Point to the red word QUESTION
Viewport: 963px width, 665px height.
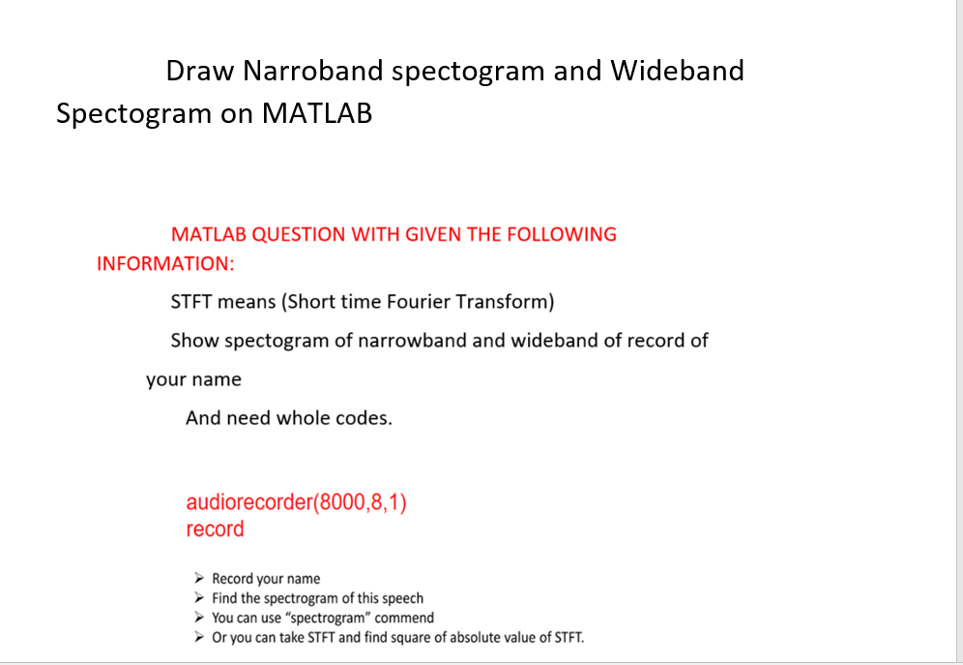pos(299,234)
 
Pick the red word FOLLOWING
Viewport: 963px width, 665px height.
pos(570,234)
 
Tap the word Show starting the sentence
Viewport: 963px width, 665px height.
pos(192,341)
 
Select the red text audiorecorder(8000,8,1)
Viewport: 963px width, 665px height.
pos(296,503)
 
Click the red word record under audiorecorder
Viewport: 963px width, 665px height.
pos(215,529)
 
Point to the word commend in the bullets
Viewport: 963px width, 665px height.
pos(404,618)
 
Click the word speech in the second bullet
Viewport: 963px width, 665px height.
pos(400,598)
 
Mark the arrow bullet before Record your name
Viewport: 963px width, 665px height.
pos(199,579)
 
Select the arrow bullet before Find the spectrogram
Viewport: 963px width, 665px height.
pos(199,598)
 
